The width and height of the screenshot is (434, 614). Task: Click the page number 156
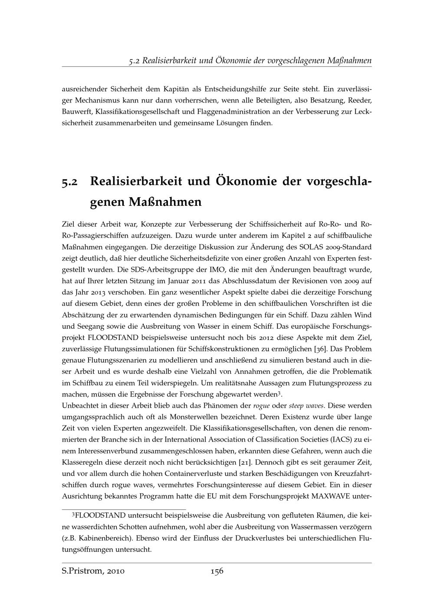[x=217, y=571]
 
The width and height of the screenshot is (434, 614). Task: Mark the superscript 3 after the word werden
[x=280, y=393]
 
